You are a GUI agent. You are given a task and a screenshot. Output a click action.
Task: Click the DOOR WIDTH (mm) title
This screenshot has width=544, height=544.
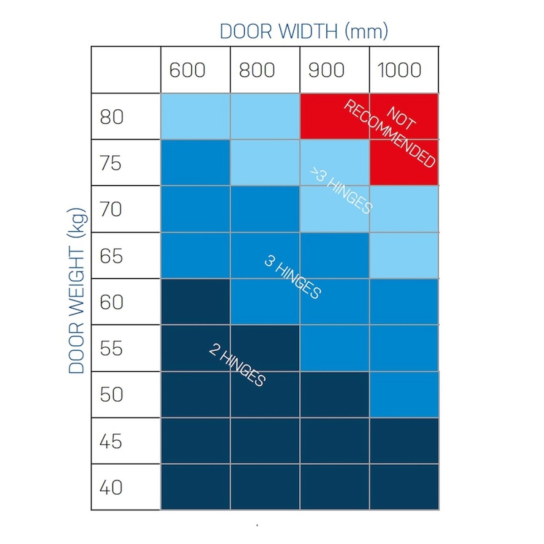tap(304, 32)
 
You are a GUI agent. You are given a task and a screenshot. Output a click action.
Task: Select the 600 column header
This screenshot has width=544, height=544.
tap(187, 70)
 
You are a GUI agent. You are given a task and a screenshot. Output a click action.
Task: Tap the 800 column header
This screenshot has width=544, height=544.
tap(257, 70)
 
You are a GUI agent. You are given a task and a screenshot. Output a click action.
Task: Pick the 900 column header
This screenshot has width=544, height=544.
tap(326, 70)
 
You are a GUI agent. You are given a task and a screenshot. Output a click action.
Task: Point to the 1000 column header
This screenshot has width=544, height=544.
tap(399, 70)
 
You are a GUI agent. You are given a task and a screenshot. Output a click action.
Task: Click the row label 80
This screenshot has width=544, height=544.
tap(112, 117)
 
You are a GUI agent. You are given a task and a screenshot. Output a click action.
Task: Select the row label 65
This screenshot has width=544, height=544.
tap(112, 256)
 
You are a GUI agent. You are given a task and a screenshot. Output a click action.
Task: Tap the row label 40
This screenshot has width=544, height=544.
tap(112, 488)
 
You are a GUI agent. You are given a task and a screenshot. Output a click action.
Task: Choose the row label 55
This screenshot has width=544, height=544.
tap(112, 349)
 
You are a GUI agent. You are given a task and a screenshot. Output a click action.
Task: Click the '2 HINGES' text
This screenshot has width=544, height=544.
tap(237, 365)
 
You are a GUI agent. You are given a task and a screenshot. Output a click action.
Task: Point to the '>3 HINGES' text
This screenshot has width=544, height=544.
tap(341, 190)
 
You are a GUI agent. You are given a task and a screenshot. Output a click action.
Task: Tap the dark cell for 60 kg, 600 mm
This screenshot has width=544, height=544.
tap(195, 302)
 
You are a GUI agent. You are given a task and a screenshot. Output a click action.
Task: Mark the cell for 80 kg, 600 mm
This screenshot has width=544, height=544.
tap(195, 116)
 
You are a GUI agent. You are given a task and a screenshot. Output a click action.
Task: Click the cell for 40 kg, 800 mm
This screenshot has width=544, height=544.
tap(265, 487)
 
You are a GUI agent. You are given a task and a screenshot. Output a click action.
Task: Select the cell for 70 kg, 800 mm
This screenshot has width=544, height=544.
tap(265, 209)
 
